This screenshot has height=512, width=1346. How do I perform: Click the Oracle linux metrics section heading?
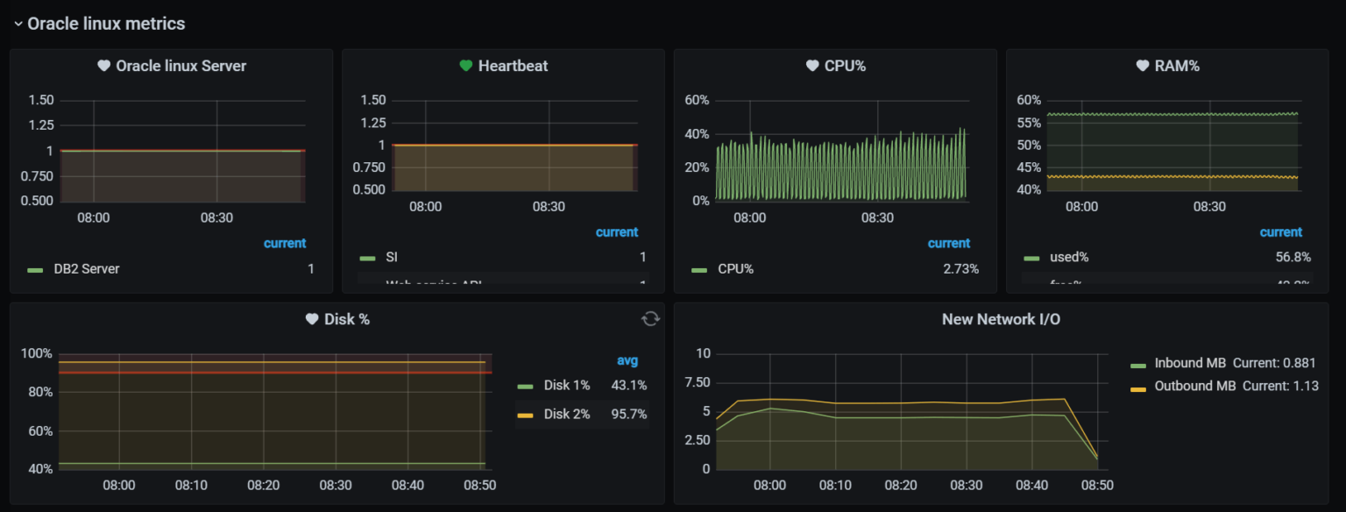[x=105, y=24]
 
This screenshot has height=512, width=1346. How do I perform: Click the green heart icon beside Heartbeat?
[x=465, y=66]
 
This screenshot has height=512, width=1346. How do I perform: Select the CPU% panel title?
[x=845, y=66]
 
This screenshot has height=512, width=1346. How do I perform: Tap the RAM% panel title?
[x=1176, y=66]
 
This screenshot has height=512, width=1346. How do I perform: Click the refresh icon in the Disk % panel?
[x=650, y=318]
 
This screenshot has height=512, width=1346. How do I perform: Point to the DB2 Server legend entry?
[x=86, y=269]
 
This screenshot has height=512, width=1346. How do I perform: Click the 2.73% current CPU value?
[x=960, y=269]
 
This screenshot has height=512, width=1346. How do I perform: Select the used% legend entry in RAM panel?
[x=1068, y=257]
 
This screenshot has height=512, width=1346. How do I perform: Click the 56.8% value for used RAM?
[x=1293, y=257]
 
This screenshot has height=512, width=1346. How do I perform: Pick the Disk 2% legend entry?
[x=566, y=414]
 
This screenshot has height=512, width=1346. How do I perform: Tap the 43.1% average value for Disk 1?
[x=628, y=385]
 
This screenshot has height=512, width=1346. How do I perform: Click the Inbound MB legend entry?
[x=1193, y=363]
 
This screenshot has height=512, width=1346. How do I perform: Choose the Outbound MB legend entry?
[x=1196, y=386]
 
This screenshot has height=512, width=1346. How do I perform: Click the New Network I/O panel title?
[x=1001, y=319]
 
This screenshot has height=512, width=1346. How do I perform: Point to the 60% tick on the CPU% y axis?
[x=696, y=100]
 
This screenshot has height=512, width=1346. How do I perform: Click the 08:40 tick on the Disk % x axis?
[x=407, y=485]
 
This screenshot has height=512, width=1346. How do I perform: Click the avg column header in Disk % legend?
[x=627, y=360]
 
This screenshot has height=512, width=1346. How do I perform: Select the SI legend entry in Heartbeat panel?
[x=391, y=257]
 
